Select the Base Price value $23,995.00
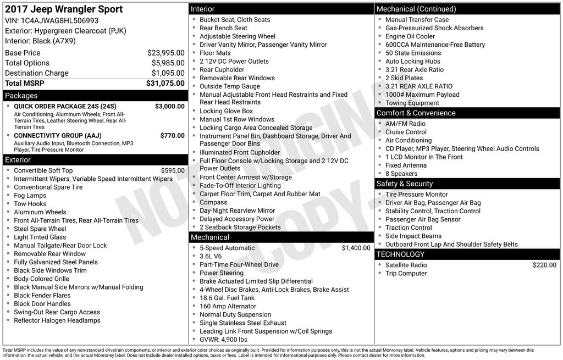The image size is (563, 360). point(165,53)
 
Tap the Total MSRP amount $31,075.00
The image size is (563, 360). point(165,83)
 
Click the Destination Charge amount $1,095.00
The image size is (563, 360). point(168,73)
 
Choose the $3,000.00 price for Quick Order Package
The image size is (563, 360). point(169,106)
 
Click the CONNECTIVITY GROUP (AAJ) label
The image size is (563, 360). point(57,135)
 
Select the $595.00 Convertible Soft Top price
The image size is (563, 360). point(173,170)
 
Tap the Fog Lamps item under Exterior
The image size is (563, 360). point(30,195)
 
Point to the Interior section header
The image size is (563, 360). point(202,9)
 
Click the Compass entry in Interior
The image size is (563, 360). point(213,202)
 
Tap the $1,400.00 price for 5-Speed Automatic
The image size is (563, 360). point(356,248)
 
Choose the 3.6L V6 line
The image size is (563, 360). point(211,256)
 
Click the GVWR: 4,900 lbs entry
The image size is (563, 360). point(223,340)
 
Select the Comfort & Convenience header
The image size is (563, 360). point(416,113)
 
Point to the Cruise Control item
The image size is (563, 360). point(406,132)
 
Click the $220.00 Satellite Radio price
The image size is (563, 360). point(544,265)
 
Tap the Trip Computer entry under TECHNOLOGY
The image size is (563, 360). point(406,273)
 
